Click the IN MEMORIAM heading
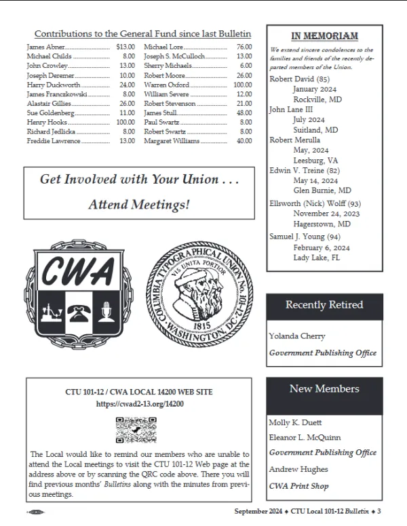tap(324, 36)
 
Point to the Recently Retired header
tap(324, 305)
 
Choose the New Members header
tap(324, 389)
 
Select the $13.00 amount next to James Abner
tap(126, 46)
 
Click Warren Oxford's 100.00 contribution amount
tap(242, 85)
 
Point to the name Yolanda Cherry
tap(297, 336)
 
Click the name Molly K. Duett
tap(295, 422)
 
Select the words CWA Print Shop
tap(298, 485)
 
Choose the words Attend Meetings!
tap(139, 204)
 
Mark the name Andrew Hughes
tap(298, 469)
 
